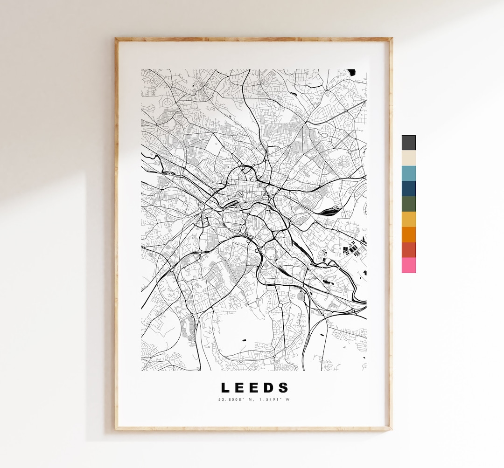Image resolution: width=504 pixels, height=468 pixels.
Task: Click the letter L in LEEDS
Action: tap(225, 388)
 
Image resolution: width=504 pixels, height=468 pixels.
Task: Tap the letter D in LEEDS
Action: tap(270, 388)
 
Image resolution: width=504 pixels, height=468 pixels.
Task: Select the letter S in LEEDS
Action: tap(284, 388)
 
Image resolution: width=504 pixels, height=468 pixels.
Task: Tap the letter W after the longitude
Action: tap(288, 399)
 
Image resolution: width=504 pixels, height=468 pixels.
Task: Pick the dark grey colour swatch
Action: tap(409, 143)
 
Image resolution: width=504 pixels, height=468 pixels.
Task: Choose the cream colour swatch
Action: tap(409, 158)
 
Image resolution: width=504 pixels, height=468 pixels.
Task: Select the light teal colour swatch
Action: tap(409, 173)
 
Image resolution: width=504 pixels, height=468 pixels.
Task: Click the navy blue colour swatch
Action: tap(409, 189)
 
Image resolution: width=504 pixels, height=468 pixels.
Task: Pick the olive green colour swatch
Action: tap(409, 204)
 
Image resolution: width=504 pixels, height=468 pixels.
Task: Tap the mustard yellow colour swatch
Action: tap(409, 220)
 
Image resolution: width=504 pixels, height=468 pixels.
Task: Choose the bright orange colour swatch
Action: tap(409, 234)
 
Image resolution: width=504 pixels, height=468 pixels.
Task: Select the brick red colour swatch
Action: tap(409, 250)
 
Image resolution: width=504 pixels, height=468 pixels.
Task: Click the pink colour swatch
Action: tap(409, 265)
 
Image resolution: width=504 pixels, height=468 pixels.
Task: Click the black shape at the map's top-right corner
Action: tap(351, 72)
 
